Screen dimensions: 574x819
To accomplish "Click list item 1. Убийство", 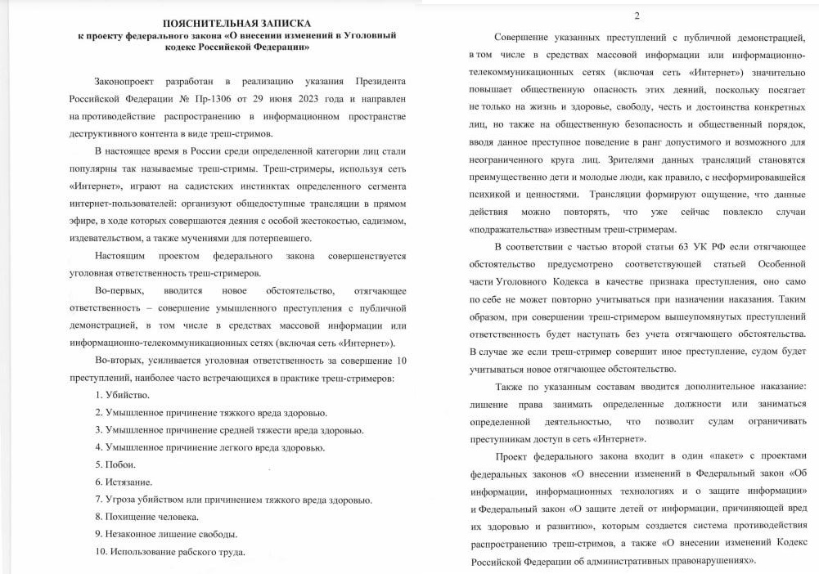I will (122, 395).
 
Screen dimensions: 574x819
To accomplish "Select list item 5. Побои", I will (115, 464).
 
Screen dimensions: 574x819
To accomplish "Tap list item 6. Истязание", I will (123, 482).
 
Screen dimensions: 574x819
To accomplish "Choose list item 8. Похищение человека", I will (146, 517).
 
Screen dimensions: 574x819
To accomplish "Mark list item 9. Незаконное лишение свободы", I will (165, 534).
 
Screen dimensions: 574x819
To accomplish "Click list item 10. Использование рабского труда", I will (170, 552).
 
